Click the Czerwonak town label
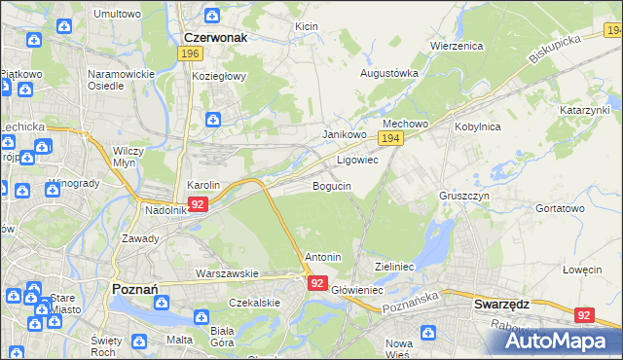point(215,37)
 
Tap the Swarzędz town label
point(501,304)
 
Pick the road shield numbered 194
point(391,140)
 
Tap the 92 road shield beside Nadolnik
point(198,204)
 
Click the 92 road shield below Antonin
point(317,282)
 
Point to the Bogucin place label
point(331,185)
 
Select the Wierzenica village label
point(457,46)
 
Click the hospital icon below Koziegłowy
point(212,120)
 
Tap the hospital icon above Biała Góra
point(202,316)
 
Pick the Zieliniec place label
point(395,266)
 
